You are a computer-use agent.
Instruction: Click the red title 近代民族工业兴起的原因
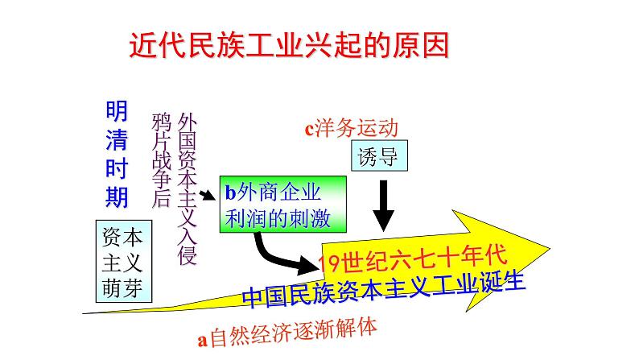pos(290,44)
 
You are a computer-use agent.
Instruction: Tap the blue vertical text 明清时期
pos(117,153)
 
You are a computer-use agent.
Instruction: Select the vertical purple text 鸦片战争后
pos(161,161)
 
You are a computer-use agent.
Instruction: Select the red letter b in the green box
pos(230,193)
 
